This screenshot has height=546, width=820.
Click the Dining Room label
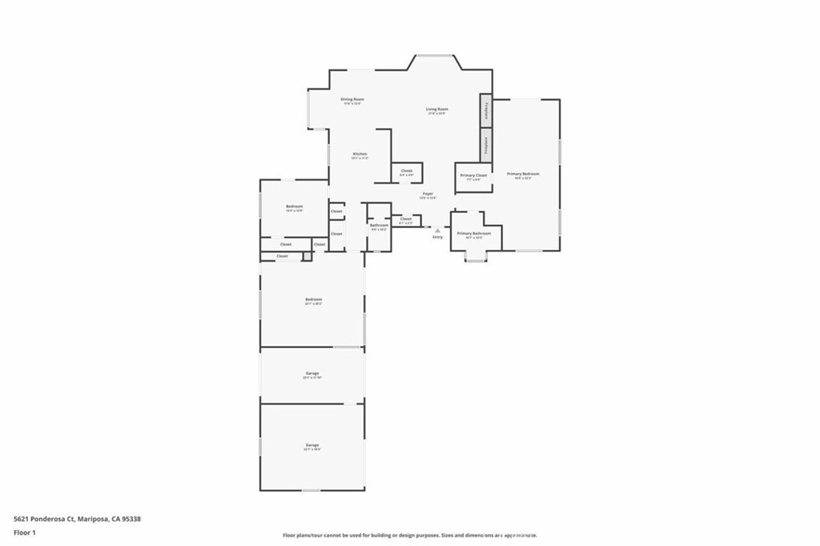point(352,100)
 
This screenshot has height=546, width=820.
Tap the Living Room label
point(436,110)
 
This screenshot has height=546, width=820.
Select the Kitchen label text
point(360,154)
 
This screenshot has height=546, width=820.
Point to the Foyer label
point(428,194)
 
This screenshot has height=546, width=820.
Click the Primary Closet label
point(473,175)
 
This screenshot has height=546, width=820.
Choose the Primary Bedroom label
point(523,174)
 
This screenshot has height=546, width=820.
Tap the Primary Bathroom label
point(474,234)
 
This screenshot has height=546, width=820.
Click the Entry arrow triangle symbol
point(437,230)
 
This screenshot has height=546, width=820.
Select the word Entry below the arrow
point(437,237)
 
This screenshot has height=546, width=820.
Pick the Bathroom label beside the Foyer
point(379,225)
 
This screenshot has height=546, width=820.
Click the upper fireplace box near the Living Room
point(485,110)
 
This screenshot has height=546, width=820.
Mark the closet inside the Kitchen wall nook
point(406,171)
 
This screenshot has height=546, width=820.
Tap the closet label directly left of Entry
point(406,219)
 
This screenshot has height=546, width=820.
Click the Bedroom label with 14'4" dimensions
point(295,207)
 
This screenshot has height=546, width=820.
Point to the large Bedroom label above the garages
point(312,299)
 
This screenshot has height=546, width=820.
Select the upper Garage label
point(312,374)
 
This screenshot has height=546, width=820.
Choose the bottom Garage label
point(312,445)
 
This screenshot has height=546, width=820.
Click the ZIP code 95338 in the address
point(132,518)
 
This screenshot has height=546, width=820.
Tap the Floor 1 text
point(25,532)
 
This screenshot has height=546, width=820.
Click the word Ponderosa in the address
point(48,518)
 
